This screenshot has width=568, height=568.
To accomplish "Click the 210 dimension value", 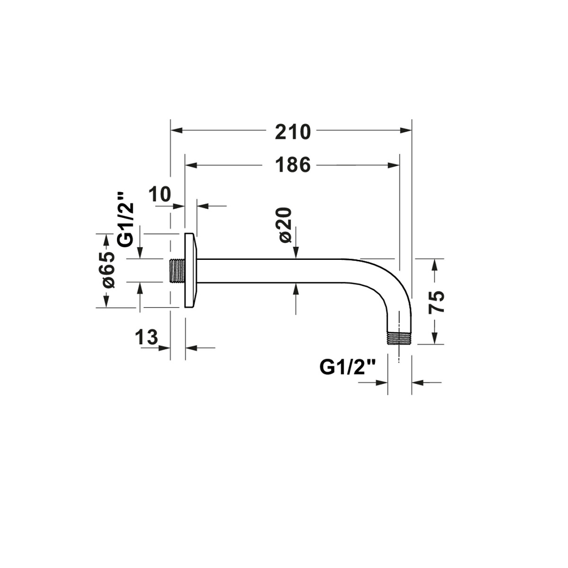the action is click(x=293, y=132).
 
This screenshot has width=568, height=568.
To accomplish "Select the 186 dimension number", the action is click(x=293, y=165).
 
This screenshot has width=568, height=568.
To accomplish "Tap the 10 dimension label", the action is click(x=160, y=195).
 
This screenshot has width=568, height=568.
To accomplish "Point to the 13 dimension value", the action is click(x=146, y=337).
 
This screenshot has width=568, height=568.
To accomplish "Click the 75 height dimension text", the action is click(x=436, y=302).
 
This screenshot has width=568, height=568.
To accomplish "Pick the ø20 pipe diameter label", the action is click(x=285, y=225).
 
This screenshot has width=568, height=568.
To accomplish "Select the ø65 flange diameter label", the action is click(x=108, y=269).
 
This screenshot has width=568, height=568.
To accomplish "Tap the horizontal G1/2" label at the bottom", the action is click(x=348, y=368).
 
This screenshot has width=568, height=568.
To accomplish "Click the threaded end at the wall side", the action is click(x=177, y=271).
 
